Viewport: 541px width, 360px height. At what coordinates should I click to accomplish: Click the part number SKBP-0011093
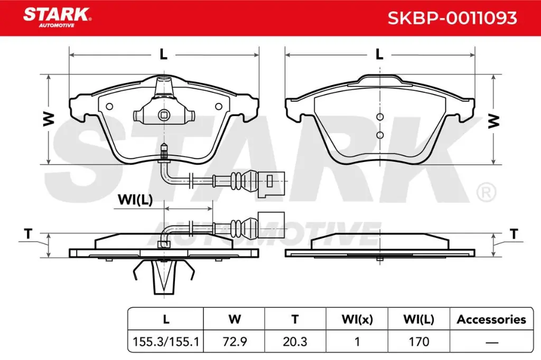pyautogui.click(x=452, y=18)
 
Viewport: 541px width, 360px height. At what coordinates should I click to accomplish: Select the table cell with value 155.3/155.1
pyautogui.click(x=165, y=342)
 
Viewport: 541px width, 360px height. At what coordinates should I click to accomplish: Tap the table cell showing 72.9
pyautogui.click(x=235, y=342)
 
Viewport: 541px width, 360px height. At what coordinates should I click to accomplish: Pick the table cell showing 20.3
pyautogui.click(x=295, y=342)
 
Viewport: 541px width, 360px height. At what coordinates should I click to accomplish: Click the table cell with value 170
pyautogui.click(x=418, y=342)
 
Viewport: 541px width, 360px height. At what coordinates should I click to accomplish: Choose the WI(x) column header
pyautogui.click(x=357, y=319)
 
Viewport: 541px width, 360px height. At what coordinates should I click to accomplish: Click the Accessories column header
pyautogui.click(x=491, y=319)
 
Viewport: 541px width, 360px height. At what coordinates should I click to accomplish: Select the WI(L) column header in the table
pyautogui.click(x=418, y=319)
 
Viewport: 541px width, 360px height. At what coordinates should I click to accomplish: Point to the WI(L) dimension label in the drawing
pyautogui.click(x=135, y=200)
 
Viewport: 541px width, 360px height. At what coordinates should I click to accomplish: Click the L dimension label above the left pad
pyautogui.click(x=163, y=54)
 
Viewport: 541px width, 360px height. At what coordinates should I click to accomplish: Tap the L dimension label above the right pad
pyautogui.click(x=379, y=54)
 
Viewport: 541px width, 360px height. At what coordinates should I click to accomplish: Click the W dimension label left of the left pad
pyautogui.click(x=49, y=119)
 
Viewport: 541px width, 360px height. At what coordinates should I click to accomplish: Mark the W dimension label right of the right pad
pyautogui.click(x=493, y=121)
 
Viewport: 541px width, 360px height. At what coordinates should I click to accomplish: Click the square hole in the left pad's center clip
pyautogui.click(x=164, y=114)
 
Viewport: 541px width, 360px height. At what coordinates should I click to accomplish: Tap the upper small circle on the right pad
pyautogui.click(x=379, y=117)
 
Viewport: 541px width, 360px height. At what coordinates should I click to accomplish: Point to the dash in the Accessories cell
pyautogui.click(x=491, y=342)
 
